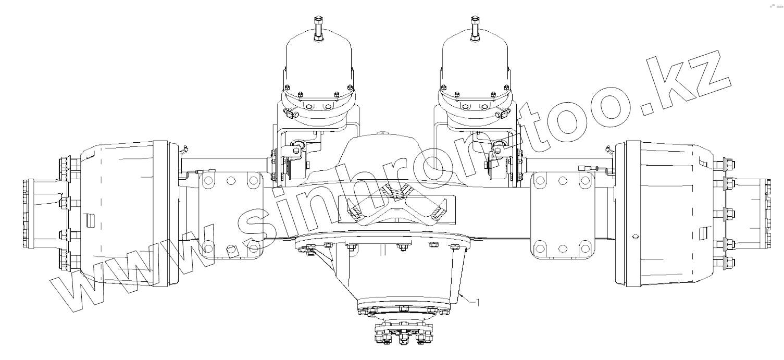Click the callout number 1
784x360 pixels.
point(478,302)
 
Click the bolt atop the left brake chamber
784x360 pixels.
point(318,29)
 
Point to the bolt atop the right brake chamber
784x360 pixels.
point(475,29)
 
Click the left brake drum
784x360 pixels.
point(126,214)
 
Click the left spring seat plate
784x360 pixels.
point(231,215)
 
